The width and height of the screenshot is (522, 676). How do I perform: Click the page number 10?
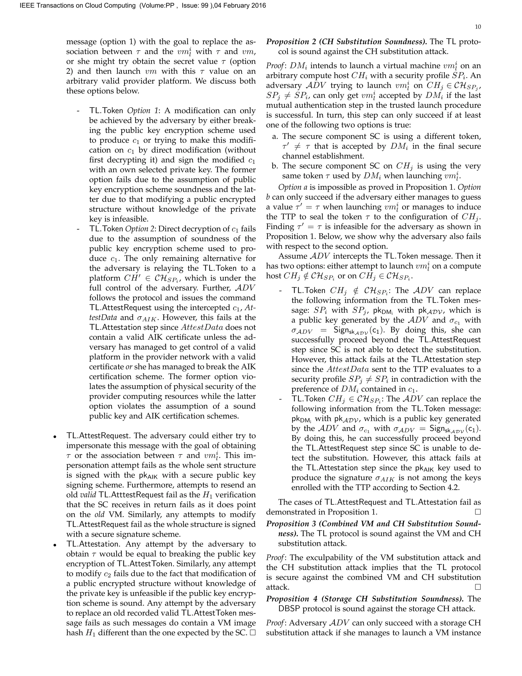(477, 27)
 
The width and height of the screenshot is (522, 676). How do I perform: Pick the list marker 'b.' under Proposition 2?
(275, 166)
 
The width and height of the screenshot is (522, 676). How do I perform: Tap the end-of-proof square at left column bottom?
(252, 633)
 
